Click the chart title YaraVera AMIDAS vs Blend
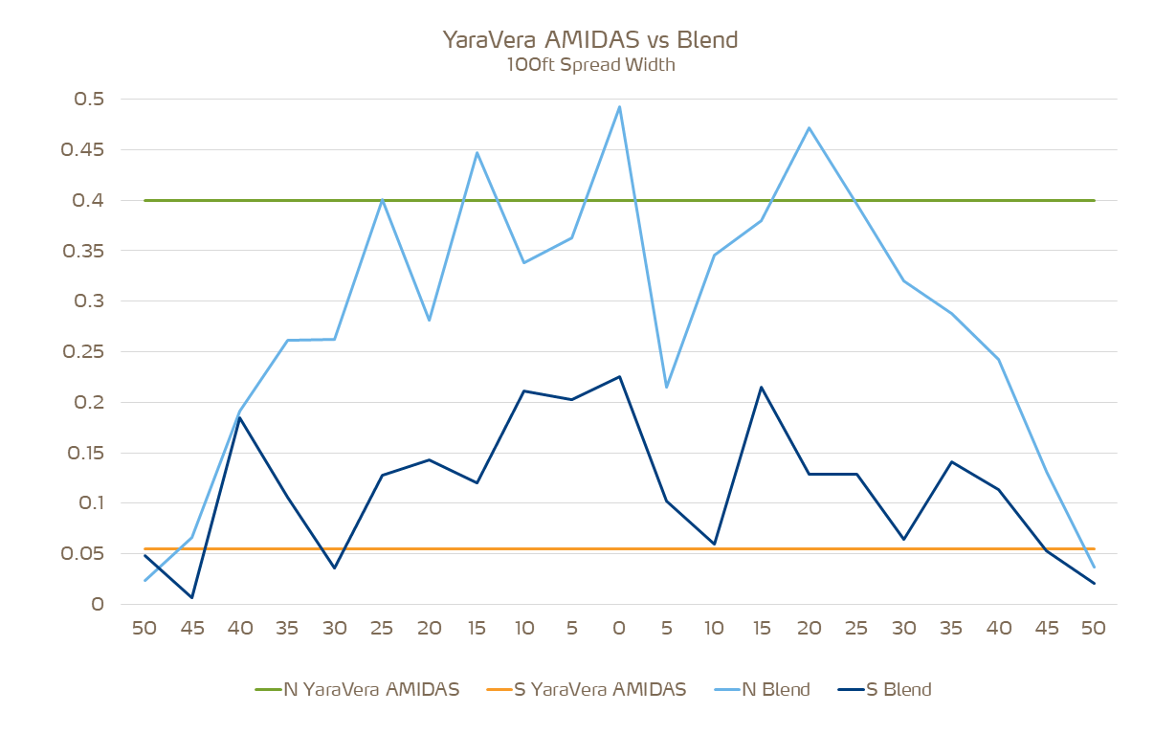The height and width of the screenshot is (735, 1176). (x=589, y=40)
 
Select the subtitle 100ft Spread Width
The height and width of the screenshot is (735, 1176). (x=589, y=66)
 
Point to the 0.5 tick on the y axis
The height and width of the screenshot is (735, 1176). (x=89, y=100)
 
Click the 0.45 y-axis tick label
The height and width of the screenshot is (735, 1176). (x=83, y=150)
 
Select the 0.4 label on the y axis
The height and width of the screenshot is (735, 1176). (x=89, y=201)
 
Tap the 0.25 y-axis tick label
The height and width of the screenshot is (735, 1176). (x=83, y=352)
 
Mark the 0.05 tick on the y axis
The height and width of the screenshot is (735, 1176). (x=83, y=554)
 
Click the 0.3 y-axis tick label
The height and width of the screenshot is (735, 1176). (x=89, y=301)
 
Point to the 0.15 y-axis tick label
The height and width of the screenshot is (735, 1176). (x=83, y=453)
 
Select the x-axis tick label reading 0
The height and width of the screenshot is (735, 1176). (x=619, y=629)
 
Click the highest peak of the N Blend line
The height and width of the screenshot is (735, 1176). (x=619, y=107)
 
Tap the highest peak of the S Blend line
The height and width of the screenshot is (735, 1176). (x=619, y=376)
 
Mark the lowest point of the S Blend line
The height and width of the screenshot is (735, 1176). (x=192, y=598)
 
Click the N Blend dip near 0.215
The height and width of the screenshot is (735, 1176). (x=666, y=387)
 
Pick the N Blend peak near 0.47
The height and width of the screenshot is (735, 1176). (x=810, y=128)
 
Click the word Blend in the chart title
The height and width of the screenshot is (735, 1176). (x=707, y=40)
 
